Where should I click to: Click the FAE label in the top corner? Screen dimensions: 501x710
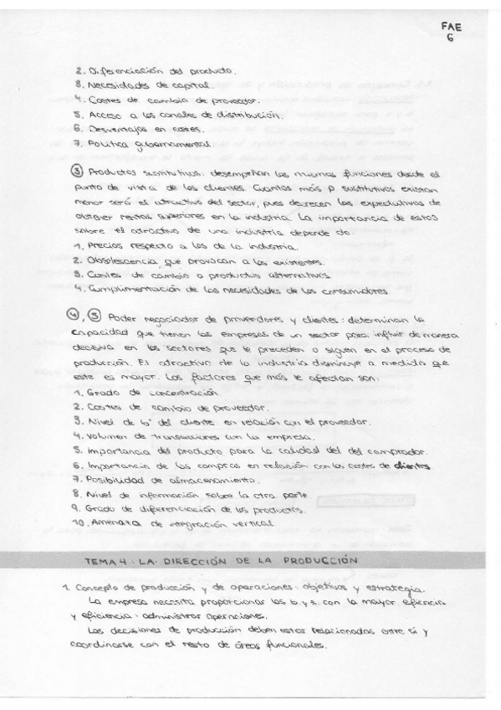(452, 26)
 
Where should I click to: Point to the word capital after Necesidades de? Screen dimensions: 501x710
(189, 86)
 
